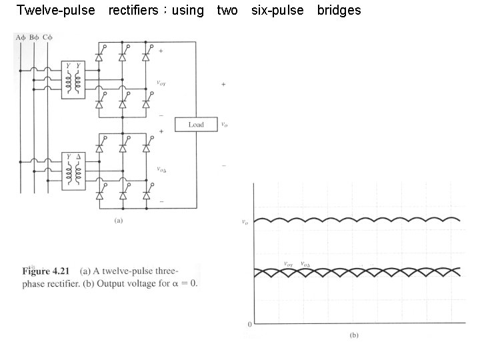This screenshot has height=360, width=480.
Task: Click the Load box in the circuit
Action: [196, 125]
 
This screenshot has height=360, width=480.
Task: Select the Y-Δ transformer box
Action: [74, 171]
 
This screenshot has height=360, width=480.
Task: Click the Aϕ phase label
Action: [21, 37]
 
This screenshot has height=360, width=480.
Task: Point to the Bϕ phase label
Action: [34, 37]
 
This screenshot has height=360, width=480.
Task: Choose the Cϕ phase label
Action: [47, 37]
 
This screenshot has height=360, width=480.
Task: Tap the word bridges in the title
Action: [339, 11]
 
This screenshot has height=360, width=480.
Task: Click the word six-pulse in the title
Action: [277, 11]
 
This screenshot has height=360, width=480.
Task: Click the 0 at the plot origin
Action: [249, 324]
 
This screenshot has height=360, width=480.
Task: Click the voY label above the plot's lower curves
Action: [289, 264]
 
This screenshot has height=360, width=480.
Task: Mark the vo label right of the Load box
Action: [225, 125]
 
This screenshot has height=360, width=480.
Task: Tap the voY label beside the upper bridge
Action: [161, 83]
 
